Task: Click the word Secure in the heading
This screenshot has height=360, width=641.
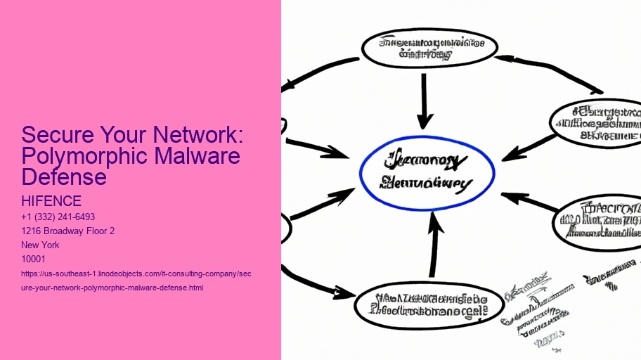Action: [x=53, y=135]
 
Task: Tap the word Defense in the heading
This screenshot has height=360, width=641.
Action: [x=64, y=176]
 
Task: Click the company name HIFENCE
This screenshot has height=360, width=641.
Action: [x=51, y=202]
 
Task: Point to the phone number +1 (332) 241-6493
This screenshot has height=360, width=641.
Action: [x=58, y=217]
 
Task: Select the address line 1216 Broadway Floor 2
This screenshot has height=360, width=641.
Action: [x=67, y=231]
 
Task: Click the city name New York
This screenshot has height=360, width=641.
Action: [x=41, y=245]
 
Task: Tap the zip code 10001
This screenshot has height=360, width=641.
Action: [x=34, y=259]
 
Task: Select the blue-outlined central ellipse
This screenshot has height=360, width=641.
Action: [x=427, y=173]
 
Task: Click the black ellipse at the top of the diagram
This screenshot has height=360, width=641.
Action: [x=429, y=48]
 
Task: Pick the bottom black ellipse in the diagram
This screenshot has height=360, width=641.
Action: [x=429, y=303]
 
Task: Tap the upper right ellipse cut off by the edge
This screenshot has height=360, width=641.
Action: [x=597, y=123]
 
